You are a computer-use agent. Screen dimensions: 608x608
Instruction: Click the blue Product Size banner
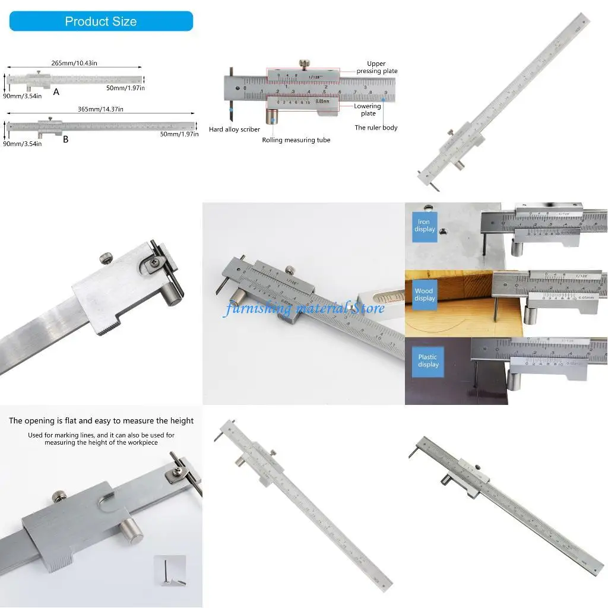click(x=101, y=21)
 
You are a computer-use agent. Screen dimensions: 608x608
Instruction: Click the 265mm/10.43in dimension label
click(x=74, y=63)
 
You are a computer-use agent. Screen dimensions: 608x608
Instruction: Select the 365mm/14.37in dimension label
click(x=100, y=109)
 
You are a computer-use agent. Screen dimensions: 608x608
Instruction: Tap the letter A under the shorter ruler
click(x=56, y=92)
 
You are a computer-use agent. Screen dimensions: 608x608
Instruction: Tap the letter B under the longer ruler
click(x=65, y=140)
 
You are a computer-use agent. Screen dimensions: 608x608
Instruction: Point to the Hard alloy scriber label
click(x=235, y=129)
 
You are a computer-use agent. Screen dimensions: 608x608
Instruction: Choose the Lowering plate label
click(x=368, y=110)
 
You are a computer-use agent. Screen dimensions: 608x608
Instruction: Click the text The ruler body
click(x=376, y=128)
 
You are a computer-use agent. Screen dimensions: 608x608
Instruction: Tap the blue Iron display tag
click(x=425, y=226)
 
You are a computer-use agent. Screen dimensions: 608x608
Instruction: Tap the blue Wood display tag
click(x=425, y=294)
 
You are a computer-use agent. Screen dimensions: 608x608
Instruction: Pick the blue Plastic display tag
click(x=427, y=361)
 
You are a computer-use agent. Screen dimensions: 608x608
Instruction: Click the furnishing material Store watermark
click(x=303, y=308)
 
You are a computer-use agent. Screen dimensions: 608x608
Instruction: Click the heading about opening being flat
click(x=101, y=421)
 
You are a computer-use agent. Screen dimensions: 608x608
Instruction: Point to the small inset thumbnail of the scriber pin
click(x=170, y=571)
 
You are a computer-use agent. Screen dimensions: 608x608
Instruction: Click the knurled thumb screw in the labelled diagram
click(x=305, y=64)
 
